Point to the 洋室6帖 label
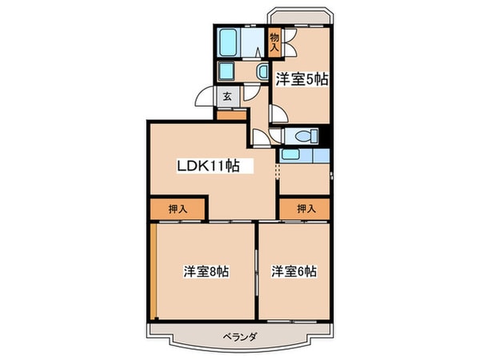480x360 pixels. [294, 271]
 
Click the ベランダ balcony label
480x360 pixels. [239, 337]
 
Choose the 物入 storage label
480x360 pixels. [274, 42]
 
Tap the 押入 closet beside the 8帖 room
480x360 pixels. [178, 209]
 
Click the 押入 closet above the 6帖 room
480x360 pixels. [305, 209]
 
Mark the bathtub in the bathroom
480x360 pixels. [229, 41]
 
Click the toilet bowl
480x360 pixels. [302, 136]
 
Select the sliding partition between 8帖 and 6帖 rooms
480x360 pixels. [255, 272]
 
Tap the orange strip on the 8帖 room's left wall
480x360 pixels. [151, 272]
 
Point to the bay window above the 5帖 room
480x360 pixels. [301, 16]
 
